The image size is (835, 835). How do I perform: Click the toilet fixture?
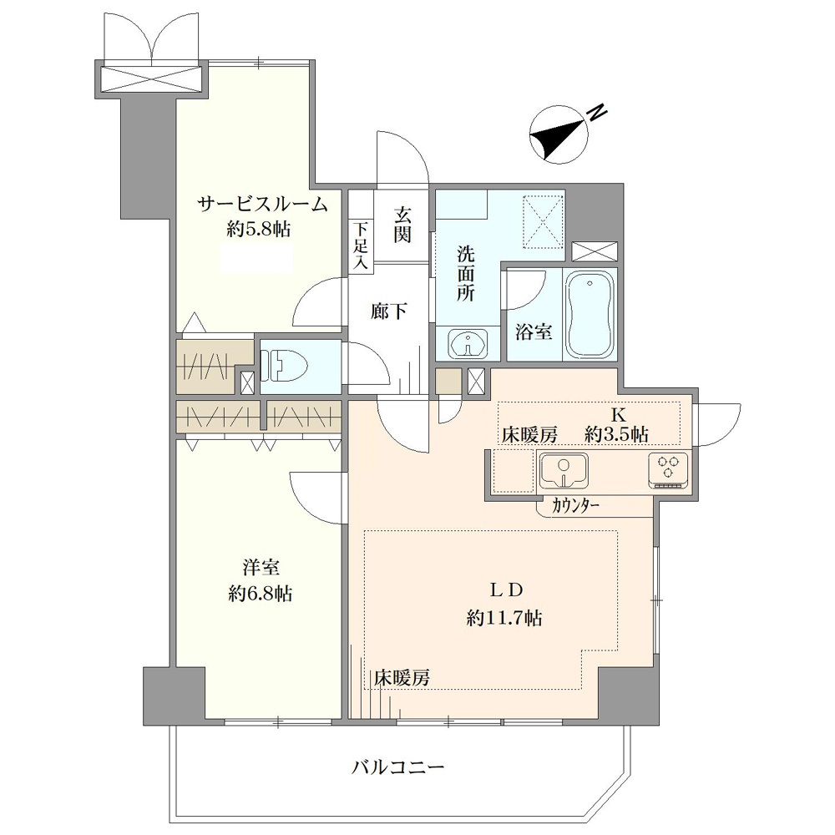pyautogui.click(x=289, y=367)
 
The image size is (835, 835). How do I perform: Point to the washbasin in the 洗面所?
pyautogui.click(x=468, y=344)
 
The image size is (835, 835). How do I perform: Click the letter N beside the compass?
pyautogui.click(x=598, y=113)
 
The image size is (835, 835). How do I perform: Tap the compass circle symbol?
pyautogui.click(x=559, y=134)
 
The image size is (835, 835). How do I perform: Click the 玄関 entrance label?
pyautogui.click(x=402, y=224)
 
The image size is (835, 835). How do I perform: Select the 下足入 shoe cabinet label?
pyautogui.click(x=362, y=246)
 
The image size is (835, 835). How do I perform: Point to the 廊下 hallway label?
pyautogui.click(x=389, y=311)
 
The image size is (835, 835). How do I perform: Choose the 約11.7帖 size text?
pyautogui.click(x=505, y=618)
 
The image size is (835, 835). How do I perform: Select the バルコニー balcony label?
pyautogui.click(x=397, y=767)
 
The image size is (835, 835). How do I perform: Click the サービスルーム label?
pyautogui.click(x=261, y=204)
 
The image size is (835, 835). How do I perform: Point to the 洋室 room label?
pyautogui.click(x=261, y=568)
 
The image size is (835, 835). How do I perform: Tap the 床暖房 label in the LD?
pyautogui.click(x=401, y=678)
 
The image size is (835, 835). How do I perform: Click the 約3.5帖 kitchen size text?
pyautogui.click(x=616, y=434)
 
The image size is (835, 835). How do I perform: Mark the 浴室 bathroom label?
pyautogui.click(x=533, y=332)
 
